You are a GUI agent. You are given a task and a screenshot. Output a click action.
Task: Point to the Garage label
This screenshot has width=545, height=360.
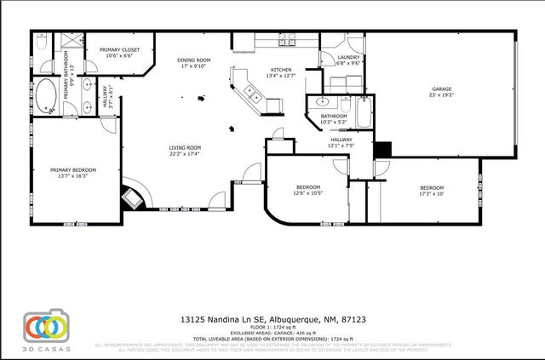click(441, 89)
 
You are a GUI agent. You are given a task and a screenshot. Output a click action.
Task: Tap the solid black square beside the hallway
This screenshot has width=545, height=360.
click(383, 149)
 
